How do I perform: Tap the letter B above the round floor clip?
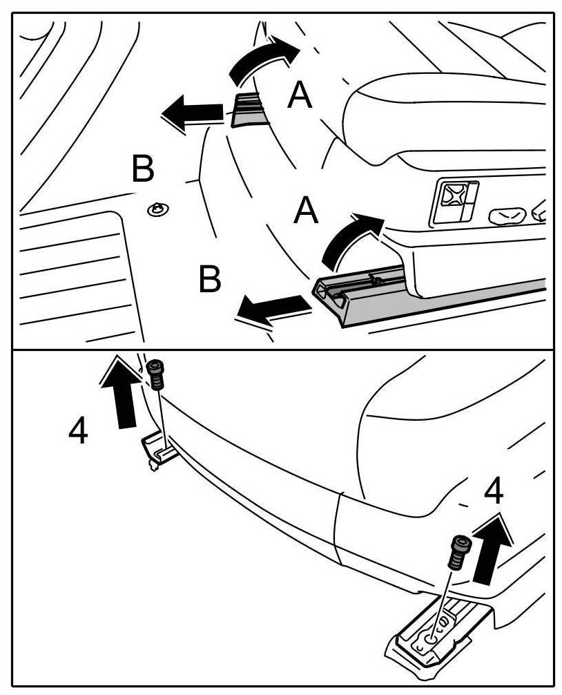(142, 169)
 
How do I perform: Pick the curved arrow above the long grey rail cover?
(351, 239)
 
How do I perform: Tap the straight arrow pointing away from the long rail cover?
(270, 309)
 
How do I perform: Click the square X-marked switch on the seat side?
(453, 200)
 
